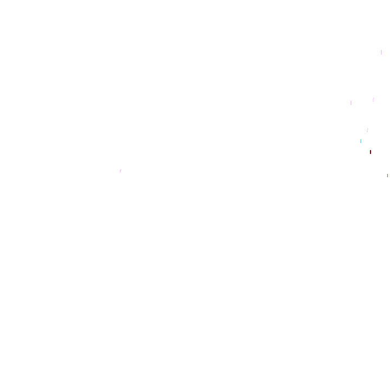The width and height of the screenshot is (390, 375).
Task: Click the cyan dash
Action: coord(361,141)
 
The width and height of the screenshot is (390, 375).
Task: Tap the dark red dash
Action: coord(370,152)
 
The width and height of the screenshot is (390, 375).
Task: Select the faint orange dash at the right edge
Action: coord(387,176)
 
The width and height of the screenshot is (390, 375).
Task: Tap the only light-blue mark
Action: coord(361,141)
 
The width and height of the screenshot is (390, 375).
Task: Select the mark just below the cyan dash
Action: coord(370,152)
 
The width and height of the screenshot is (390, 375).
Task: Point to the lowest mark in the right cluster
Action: coord(387,176)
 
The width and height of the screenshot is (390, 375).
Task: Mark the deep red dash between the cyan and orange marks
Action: coord(370,152)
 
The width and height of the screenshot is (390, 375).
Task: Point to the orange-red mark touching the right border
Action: coord(387,176)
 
